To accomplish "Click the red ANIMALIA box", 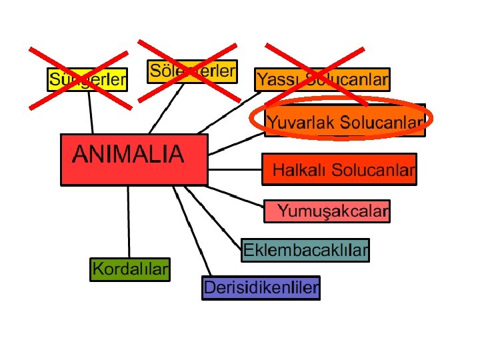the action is (134, 159).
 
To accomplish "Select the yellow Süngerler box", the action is (87, 80).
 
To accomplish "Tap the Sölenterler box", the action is (193, 71).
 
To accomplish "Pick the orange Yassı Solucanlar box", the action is (322, 80).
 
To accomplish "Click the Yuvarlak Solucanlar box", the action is (345, 122).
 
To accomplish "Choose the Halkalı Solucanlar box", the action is (339, 169).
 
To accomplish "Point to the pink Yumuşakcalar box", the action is (327, 211).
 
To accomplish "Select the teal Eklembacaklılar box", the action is (305, 250).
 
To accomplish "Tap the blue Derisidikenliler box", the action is (261, 288).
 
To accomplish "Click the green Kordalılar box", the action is (130, 269).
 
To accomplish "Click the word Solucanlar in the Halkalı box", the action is (373, 170).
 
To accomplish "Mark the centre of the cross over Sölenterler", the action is (187, 70).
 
